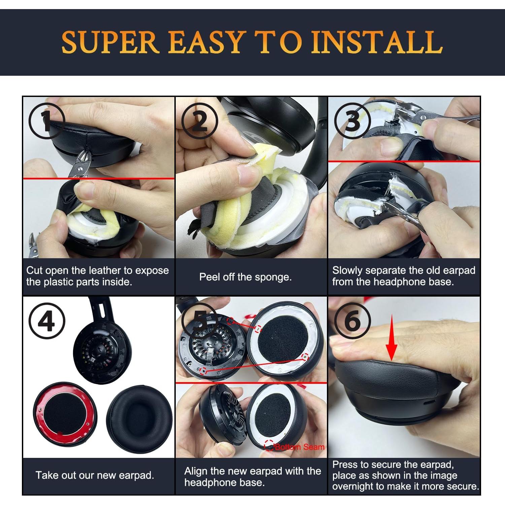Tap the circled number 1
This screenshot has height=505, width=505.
pyautogui.click(x=47, y=121)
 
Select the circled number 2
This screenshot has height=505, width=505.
pyautogui.click(x=200, y=121)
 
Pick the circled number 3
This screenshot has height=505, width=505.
pyautogui.click(x=352, y=121)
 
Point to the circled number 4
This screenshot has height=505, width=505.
pyautogui.click(x=47, y=321)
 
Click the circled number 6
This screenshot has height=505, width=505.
pyautogui.click(x=352, y=321)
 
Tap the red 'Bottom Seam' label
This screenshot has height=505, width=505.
pyautogui.click(x=299, y=447)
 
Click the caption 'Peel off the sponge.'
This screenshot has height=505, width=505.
pyautogui.click(x=245, y=277)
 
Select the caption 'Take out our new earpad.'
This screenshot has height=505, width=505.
pyautogui.click(x=95, y=475)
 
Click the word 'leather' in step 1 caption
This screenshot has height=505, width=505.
pyautogui.click(x=105, y=270)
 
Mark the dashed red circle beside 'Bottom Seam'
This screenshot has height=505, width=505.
pyautogui.click(x=269, y=445)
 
